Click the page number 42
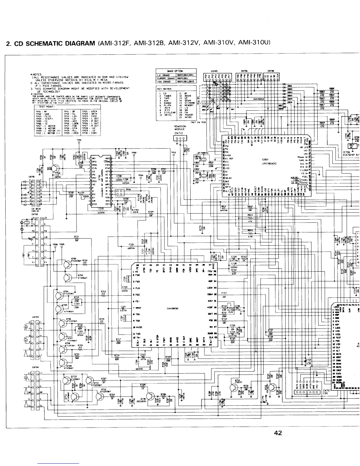[x=278, y=433]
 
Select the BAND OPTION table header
[x=175, y=71]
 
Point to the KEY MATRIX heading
[x=163, y=89]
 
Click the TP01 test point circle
[x=79, y=143]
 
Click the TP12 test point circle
[x=173, y=156]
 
